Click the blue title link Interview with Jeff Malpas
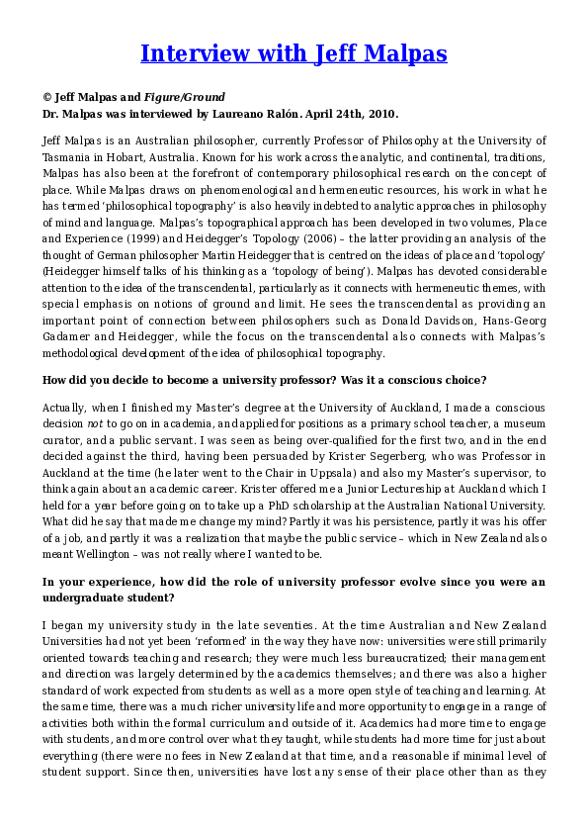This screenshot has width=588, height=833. coord(294,52)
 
